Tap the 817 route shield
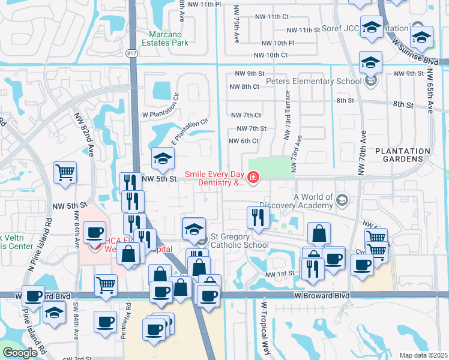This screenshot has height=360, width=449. coord(131,53)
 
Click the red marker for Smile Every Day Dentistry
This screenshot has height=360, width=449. coord(253,177)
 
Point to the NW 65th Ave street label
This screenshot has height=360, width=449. coord(430,91)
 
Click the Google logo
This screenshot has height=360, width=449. coord(20,353)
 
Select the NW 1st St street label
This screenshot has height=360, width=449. coord(280,274)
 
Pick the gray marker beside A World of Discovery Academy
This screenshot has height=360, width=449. coord(342,199)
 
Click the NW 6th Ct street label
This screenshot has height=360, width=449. coord(244,141)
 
